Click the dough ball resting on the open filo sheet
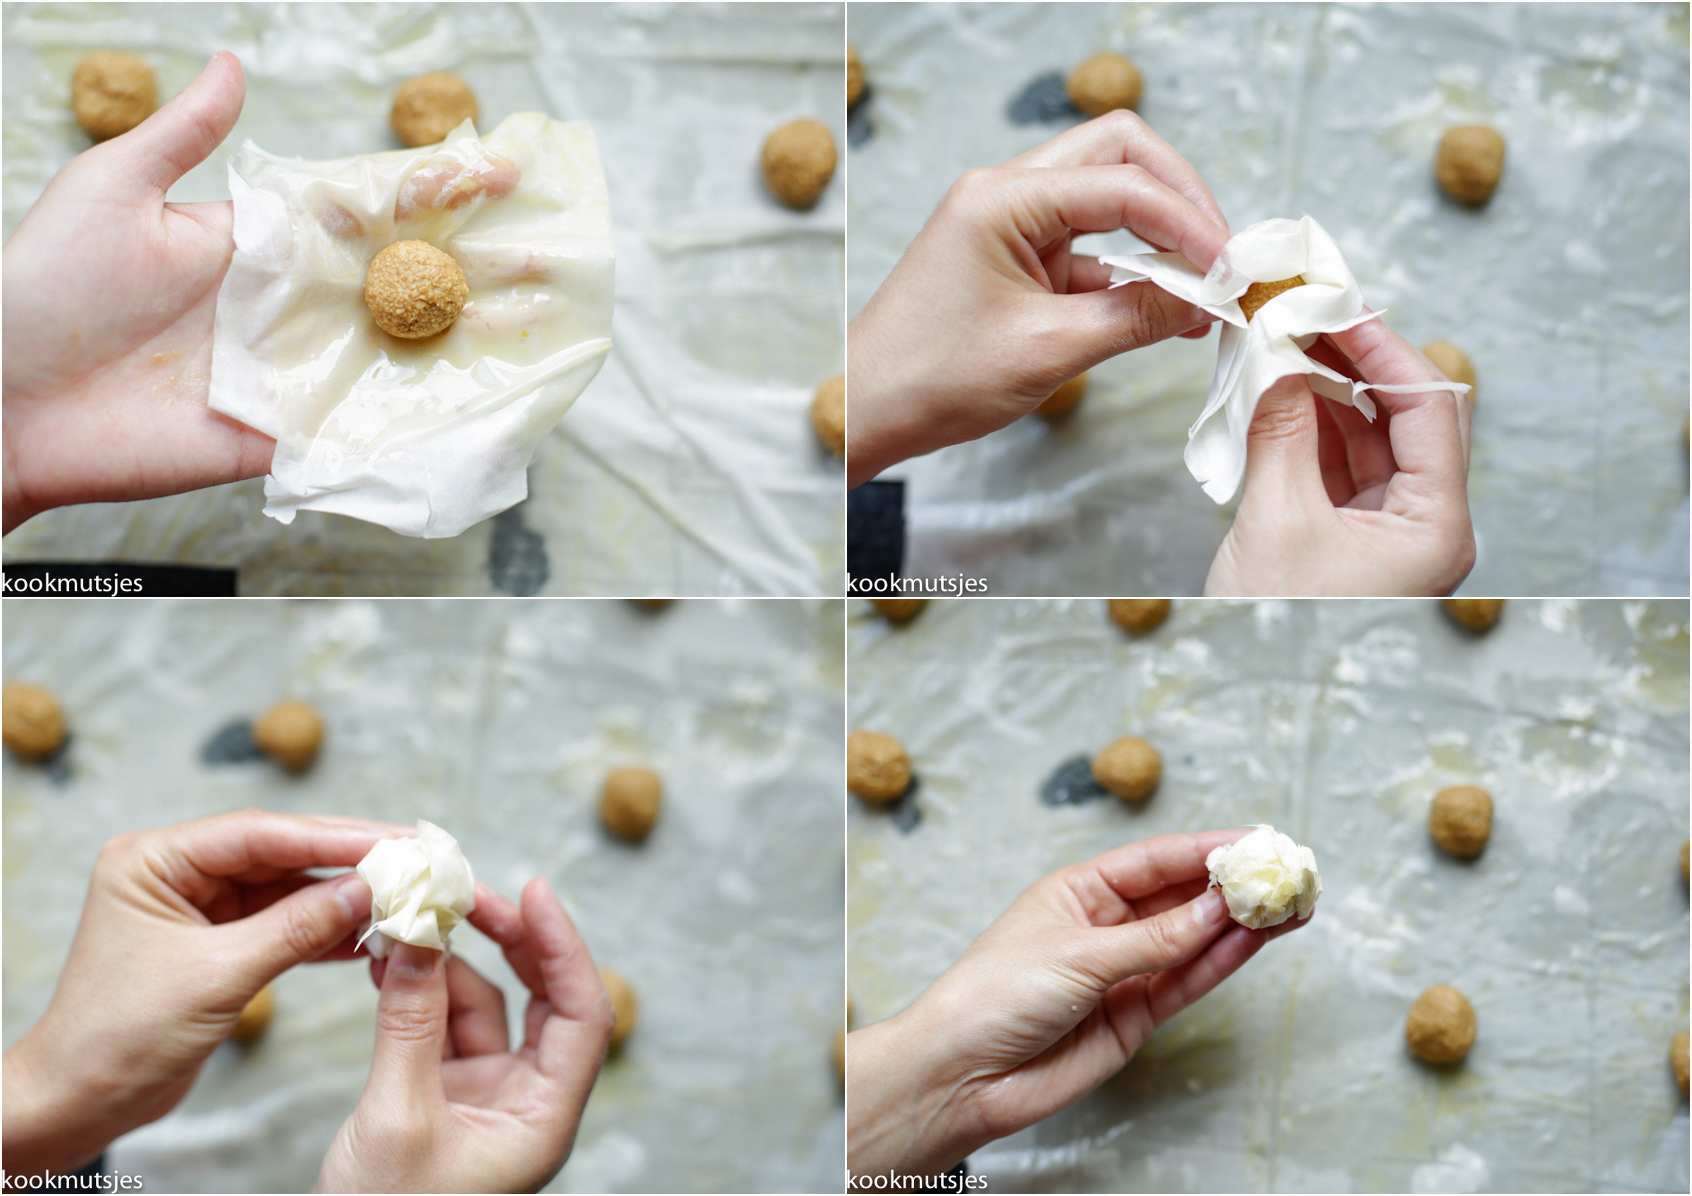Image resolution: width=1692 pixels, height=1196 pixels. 416,289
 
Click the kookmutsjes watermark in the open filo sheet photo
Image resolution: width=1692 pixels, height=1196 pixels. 72,583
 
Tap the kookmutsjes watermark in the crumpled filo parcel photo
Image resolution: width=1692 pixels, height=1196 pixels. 72,1180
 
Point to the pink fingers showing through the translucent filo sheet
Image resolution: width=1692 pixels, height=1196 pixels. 457,184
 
